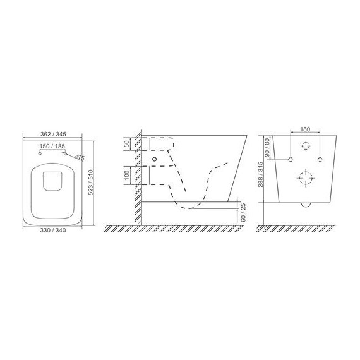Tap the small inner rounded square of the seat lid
[x=52, y=180]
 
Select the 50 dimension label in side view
[x=126, y=144]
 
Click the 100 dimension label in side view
[x=126, y=174]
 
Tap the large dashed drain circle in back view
[x=306, y=177]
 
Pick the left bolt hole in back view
[x=290, y=157]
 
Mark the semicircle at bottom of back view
[x=306, y=204]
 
